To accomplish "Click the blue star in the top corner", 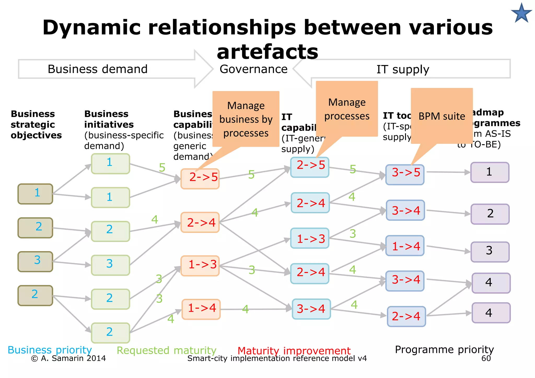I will pos(521,13).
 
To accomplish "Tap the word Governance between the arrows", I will pos(253,69).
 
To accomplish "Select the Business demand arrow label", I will pos(98,69).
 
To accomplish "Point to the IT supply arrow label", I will pos(403,69).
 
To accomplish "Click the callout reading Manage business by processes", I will pos(246,119).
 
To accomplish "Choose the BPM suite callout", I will pos(442,116).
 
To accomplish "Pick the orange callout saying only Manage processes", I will pos(347,109).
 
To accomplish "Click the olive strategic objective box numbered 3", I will pos(35,261).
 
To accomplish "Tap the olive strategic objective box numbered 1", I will pos(35,194).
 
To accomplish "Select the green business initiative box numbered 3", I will pos(111,265).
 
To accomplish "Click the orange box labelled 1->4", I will pos(201,309).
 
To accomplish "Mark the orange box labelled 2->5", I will pos(200,179).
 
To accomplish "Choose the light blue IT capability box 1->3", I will pos(310,238).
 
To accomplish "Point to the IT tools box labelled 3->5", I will pos(405,175).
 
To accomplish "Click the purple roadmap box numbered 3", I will pos(490,252).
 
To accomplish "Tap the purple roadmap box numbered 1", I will pos(490,172).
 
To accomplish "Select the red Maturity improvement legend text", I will pos(294,351).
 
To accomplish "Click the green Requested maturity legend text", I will pos(166,350).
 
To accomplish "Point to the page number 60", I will pos(486,358).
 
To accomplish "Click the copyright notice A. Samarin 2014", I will pos(68,358).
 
